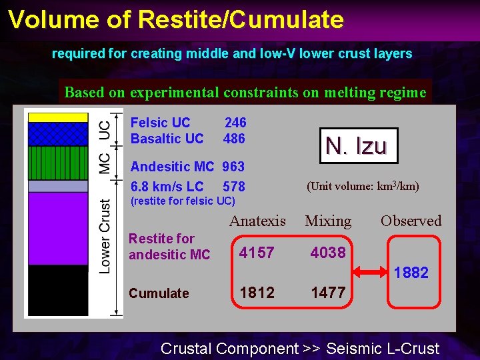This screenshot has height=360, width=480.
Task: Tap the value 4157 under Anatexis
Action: [257, 253]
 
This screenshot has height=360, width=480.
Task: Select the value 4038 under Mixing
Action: [328, 253]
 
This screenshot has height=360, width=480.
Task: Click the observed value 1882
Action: [411, 273]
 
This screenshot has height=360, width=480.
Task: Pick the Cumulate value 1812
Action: [257, 293]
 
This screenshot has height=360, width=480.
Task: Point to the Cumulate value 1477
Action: [328, 293]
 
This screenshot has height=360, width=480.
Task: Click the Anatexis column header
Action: [257, 221]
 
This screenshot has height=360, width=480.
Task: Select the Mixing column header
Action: [328, 221]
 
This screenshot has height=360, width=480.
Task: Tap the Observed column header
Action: [411, 221]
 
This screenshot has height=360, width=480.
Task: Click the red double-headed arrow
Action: [369, 273]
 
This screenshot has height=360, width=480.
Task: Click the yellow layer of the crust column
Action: [58, 117]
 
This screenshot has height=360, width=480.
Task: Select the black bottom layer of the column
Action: [58, 289]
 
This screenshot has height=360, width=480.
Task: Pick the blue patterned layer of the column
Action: [58, 133]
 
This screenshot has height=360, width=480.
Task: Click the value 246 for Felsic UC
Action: [235, 123]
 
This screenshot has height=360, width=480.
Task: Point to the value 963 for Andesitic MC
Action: [233, 167]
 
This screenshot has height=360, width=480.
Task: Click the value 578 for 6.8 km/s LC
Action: [233, 187]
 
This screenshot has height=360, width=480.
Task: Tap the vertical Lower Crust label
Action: [105, 235]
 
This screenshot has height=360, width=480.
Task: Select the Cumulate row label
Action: [159, 293]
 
